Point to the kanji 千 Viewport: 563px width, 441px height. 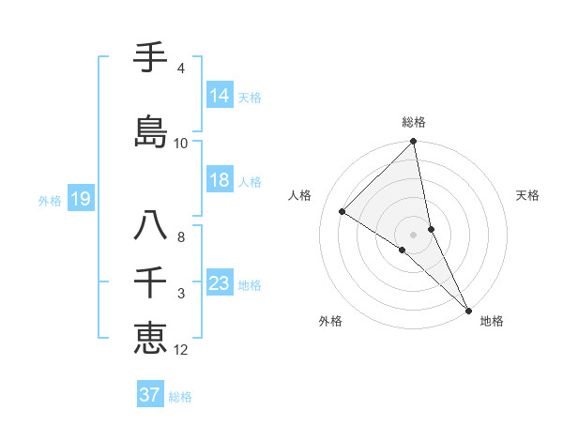pos(150,282)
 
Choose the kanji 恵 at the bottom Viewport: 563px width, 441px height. pos(150,337)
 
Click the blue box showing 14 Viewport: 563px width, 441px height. pos(220,96)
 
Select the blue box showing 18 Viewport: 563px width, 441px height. pos(220,180)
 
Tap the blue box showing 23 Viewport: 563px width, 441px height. pos(220,283)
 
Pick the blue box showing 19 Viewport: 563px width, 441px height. pos(81,199)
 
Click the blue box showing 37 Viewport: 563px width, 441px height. pos(150,395)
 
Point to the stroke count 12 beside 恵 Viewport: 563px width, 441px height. pos(181,351)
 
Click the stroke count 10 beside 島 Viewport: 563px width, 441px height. pos(181,144)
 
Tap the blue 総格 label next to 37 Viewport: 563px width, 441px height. pos(180,397)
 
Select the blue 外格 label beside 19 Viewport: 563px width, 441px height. pos(50,200)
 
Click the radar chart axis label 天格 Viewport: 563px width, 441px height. pos(528,195)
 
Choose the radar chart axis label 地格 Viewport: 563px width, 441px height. pos(492,321)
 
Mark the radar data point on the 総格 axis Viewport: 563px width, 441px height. pos(413,142)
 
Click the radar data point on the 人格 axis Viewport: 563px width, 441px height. pos(342,211)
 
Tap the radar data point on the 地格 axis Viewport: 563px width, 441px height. pos(468,309)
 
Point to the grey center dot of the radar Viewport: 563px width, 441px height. pos(413,234)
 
